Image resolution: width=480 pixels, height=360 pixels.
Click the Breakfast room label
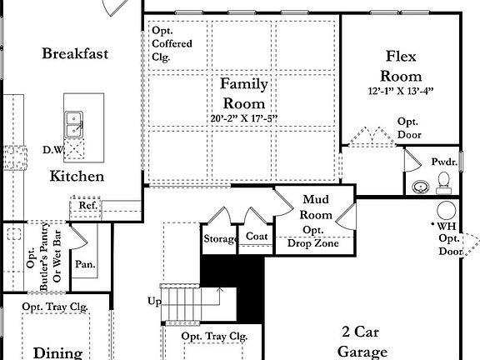(75, 54)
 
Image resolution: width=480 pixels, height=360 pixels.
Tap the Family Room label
(243, 93)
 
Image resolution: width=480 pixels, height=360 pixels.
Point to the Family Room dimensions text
(243, 119)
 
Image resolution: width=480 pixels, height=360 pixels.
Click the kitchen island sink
(74, 124)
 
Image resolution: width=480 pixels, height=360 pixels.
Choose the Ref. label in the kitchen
(88, 205)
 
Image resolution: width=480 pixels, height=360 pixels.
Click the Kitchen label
(77, 176)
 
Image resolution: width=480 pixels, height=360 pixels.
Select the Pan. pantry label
(85, 265)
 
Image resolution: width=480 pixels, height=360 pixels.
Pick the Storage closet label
(220, 239)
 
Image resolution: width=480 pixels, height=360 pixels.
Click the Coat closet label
(256, 237)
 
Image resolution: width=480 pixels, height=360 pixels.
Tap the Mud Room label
(316, 207)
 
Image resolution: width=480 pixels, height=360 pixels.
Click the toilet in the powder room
(443, 179)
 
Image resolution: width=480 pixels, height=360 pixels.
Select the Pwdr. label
(442, 161)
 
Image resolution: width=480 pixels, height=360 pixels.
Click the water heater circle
(447, 209)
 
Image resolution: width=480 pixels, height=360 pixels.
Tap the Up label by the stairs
(154, 301)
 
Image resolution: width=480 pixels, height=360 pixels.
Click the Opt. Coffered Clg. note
(172, 43)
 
